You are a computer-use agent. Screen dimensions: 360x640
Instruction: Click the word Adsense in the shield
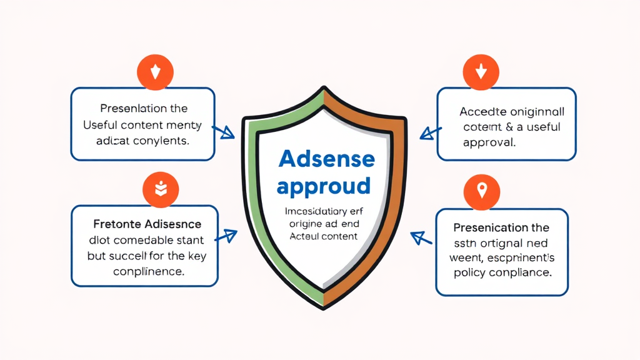pos(326,159)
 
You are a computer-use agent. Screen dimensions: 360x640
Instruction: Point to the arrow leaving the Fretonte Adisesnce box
pos(226,236)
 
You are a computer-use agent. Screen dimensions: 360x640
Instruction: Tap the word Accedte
pos(482,112)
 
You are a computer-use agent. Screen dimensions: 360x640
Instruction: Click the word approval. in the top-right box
pos(489,142)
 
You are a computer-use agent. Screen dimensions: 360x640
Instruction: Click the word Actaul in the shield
pos(304,236)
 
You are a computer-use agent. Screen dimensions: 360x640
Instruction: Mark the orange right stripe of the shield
pos(394,187)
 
